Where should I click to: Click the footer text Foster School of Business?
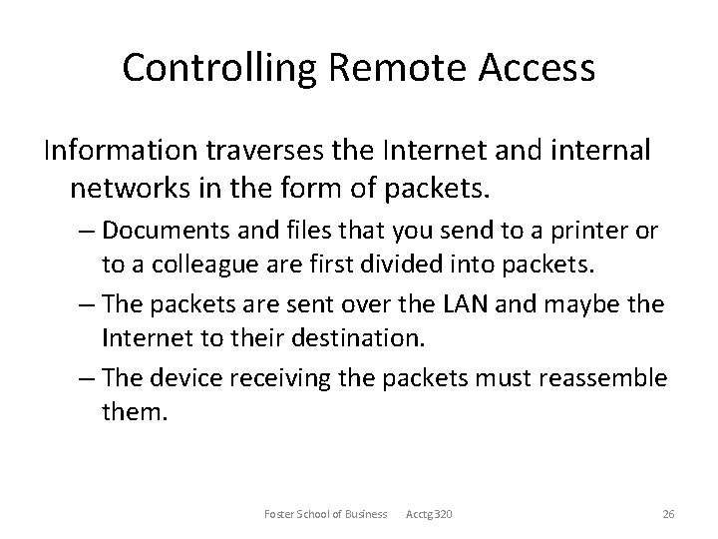(326, 513)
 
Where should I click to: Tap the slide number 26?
(669, 513)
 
